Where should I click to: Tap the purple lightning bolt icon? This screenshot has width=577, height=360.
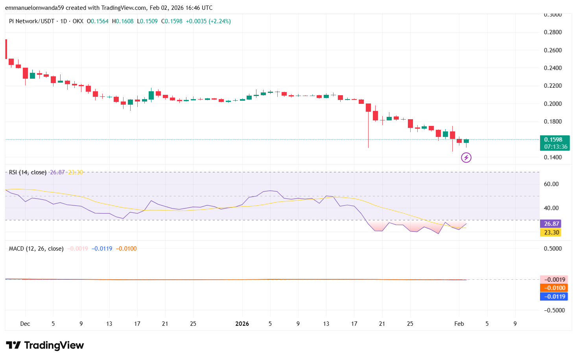pyautogui.click(x=466, y=158)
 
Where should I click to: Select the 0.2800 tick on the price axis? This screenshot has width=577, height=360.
pyautogui.click(x=553, y=32)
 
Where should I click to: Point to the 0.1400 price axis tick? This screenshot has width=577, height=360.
pyautogui.click(x=553, y=157)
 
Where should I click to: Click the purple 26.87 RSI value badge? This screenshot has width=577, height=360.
pyautogui.click(x=551, y=224)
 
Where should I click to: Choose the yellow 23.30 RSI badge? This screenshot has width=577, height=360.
pyautogui.click(x=551, y=233)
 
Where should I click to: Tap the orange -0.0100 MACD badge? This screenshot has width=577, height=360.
pyautogui.click(x=554, y=288)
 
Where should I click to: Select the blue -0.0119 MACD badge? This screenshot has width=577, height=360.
pyautogui.click(x=554, y=297)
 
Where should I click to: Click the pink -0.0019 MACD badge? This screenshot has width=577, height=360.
pyautogui.click(x=554, y=280)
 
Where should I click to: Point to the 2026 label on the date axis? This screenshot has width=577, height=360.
pyautogui.click(x=242, y=324)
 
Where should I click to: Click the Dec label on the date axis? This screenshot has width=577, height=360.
pyautogui.click(x=25, y=324)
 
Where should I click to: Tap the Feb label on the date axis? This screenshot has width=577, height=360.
pyautogui.click(x=459, y=324)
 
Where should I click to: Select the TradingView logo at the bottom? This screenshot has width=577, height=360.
pyautogui.click(x=45, y=345)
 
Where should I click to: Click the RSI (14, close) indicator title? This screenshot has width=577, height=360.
pyautogui.click(x=28, y=172)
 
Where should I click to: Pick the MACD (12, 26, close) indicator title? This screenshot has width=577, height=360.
pyautogui.click(x=36, y=249)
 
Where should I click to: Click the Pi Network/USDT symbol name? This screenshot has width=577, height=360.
pyautogui.click(x=31, y=21)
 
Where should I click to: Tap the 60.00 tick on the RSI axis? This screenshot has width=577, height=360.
pyautogui.click(x=551, y=184)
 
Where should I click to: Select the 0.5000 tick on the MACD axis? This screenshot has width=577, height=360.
pyautogui.click(x=553, y=249)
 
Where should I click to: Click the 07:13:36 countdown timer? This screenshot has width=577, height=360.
pyautogui.click(x=556, y=147)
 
